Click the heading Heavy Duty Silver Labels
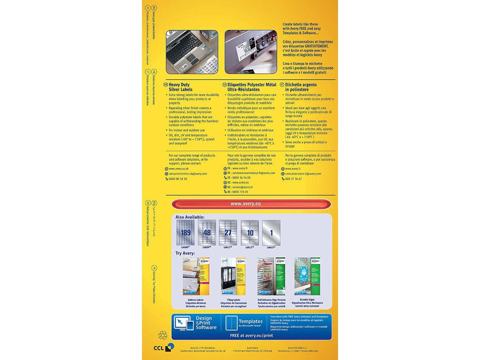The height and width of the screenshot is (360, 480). [180, 87]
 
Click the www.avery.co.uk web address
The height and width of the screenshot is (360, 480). [179, 168]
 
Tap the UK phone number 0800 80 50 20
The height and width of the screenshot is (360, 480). [178, 179]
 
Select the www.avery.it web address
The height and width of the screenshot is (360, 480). [292, 168]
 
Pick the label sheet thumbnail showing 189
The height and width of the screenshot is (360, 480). [185, 233]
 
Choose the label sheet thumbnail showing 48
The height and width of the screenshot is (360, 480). [207, 233]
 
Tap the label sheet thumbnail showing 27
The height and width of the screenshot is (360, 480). [228, 233]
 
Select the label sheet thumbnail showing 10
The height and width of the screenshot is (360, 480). [249, 233]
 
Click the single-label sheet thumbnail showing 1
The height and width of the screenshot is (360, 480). [271, 233]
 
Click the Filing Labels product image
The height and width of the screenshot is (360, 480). [232, 276]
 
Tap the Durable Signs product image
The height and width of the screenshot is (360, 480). [307, 276]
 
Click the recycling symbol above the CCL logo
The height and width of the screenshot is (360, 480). [162, 335]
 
